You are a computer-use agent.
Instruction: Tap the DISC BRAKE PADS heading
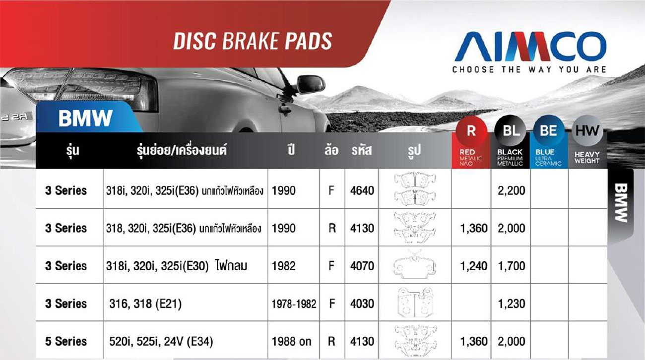tap(253, 41)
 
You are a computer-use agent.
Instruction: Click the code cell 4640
tap(362, 190)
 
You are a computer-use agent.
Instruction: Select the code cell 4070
tap(362, 266)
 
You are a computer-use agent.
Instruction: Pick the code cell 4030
tap(362, 303)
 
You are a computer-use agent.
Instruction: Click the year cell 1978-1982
tap(294, 304)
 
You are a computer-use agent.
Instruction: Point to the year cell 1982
tap(284, 266)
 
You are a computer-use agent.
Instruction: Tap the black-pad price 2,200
tap(512, 190)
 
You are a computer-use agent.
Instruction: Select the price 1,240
tap(474, 266)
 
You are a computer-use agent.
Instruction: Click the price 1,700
tap(512, 266)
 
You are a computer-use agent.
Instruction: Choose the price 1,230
tap(512, 303)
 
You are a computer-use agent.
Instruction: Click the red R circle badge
tap(471, 131)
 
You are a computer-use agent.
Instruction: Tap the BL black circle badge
tap(510, 131)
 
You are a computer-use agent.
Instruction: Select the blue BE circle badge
tap(549, 131)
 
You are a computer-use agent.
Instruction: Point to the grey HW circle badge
tap(587, 131)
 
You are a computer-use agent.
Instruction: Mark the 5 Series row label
tap(65, 341)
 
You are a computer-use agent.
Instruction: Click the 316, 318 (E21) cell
tap(145, 304)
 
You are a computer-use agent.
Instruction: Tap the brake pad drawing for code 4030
tap(415, 303)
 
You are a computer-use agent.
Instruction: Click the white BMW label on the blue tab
tap(85, 119)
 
